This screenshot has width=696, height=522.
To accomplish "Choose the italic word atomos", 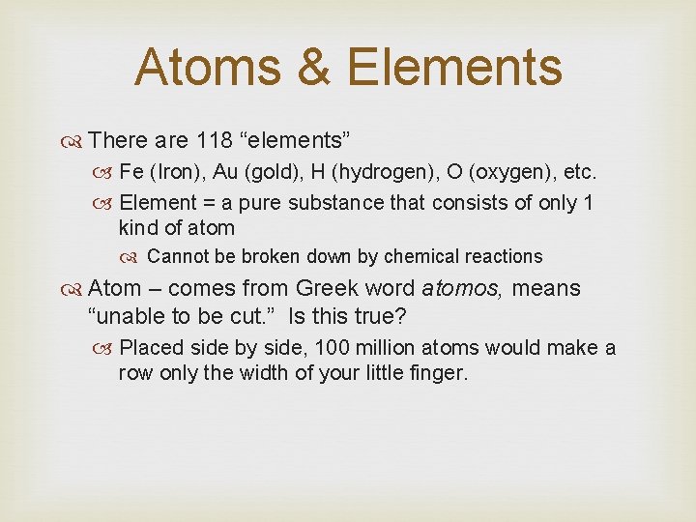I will click(465, 288).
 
